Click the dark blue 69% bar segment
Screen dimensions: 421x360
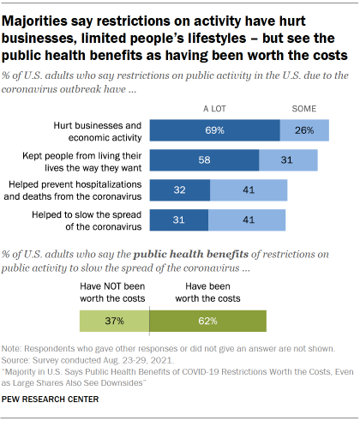[215, 129]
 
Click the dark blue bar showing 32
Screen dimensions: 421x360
[180, 189]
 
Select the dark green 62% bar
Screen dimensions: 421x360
[207, 321]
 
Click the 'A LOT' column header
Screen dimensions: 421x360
[214, 109]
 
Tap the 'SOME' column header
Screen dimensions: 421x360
[304, 109]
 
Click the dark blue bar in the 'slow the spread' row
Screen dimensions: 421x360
[179, 220]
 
